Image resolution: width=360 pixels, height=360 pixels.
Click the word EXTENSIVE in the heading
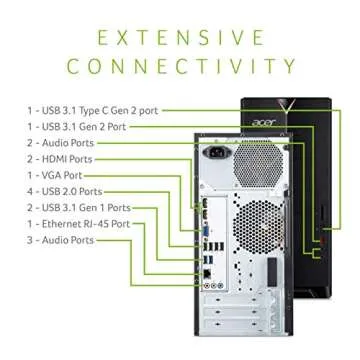pos(180,38)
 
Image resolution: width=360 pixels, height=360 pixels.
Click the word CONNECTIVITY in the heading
pos(180,68)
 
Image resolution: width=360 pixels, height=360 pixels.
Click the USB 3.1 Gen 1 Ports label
pos(85,207)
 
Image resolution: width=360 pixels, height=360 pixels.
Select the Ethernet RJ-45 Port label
pos(84,223)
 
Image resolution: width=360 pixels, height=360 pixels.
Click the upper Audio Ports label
pos(67,143)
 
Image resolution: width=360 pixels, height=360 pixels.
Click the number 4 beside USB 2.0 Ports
pos(30,191)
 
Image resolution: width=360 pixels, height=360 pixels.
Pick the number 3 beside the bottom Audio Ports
pos(30,240)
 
